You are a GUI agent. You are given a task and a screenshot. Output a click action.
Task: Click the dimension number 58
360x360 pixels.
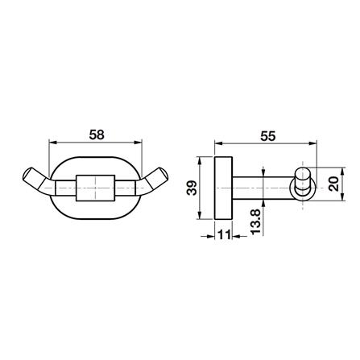[97, 135]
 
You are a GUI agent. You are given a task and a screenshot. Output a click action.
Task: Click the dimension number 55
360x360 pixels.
[268, 136]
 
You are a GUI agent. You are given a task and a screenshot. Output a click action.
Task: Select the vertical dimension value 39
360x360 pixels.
[192, 188]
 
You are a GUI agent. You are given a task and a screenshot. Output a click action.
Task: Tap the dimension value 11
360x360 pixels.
[224, 235]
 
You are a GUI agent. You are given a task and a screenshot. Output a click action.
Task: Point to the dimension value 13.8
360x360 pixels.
[256, 221]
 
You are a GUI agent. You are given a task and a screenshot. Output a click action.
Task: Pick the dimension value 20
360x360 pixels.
[333, 184]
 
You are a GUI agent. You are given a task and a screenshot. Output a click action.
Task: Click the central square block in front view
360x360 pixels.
[96, 188]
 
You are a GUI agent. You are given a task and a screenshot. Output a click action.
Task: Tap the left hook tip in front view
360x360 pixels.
[28, 175]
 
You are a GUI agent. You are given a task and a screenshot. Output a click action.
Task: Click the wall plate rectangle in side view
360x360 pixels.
[223, 188]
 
